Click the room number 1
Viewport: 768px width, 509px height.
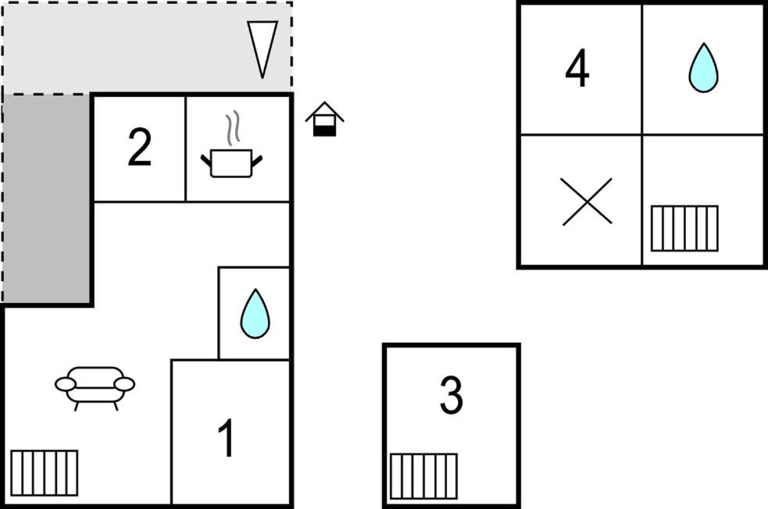coord(227,439)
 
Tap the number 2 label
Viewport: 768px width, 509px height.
coord(140,147)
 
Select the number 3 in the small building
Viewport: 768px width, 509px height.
coord(451,395)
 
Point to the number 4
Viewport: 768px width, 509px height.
coord(577,68)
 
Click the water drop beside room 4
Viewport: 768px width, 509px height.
coord(703,68)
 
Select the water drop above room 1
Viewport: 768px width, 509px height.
coord(255,314)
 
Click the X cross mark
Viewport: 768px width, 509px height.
coord(586,201)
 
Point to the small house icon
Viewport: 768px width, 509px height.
coord(324,119)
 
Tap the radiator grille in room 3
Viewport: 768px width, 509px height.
coord(423,476)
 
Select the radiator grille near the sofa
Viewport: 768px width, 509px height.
coord(44,473)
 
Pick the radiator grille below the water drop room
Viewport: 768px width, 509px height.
coord(684,229)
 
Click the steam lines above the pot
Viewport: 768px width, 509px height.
coord(233,129)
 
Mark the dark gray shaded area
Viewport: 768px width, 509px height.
coord(47,198)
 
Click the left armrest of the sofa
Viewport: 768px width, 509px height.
coord(66,384)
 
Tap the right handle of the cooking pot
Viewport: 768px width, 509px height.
coord(257,160)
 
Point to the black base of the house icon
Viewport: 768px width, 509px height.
coord(324,130)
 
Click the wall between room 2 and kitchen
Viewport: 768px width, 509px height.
coord(186,149)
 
